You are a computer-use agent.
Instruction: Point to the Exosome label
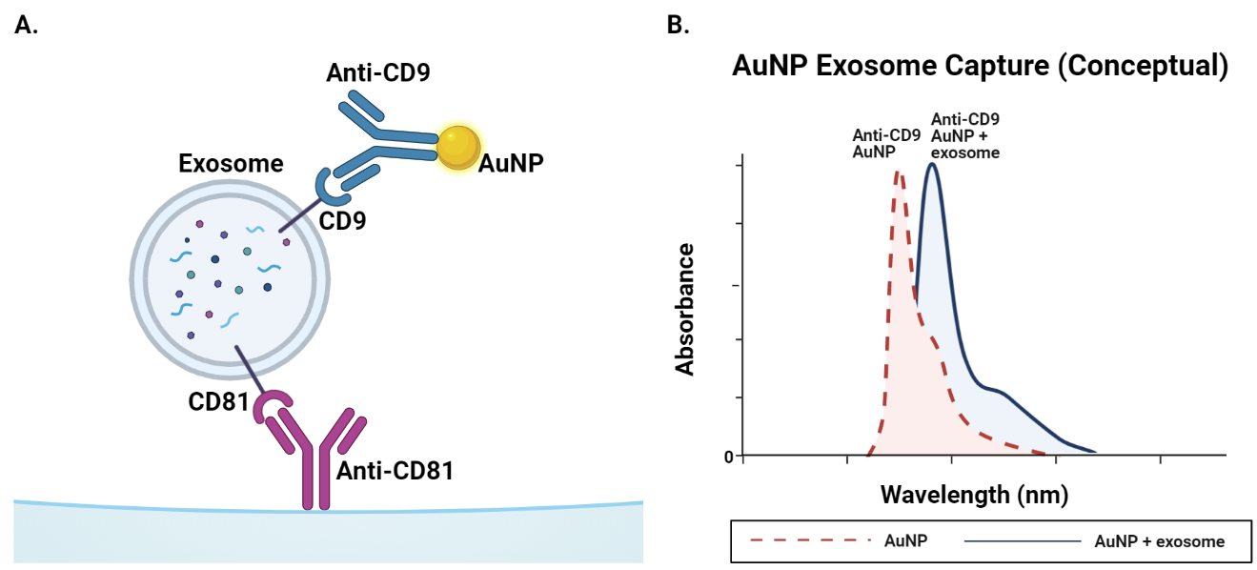231,164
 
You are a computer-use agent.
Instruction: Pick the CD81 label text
218,402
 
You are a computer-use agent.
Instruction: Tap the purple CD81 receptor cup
272,408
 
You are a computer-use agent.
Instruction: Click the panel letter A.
27,26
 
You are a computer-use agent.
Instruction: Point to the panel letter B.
678,26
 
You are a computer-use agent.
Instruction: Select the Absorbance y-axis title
684,309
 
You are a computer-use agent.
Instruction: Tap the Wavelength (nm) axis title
974,495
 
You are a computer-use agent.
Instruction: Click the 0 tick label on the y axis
728,457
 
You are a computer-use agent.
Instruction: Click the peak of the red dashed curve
897,172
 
